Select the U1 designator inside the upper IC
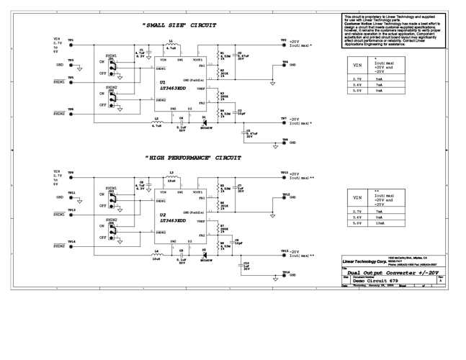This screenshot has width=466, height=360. tap(163, 82)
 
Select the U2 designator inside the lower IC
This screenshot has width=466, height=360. tap(163, 215)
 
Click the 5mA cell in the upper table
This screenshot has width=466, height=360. tap(380, 78)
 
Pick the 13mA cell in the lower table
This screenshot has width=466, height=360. tap(380, 223)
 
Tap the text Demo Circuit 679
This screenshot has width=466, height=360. tap(376, 280)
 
